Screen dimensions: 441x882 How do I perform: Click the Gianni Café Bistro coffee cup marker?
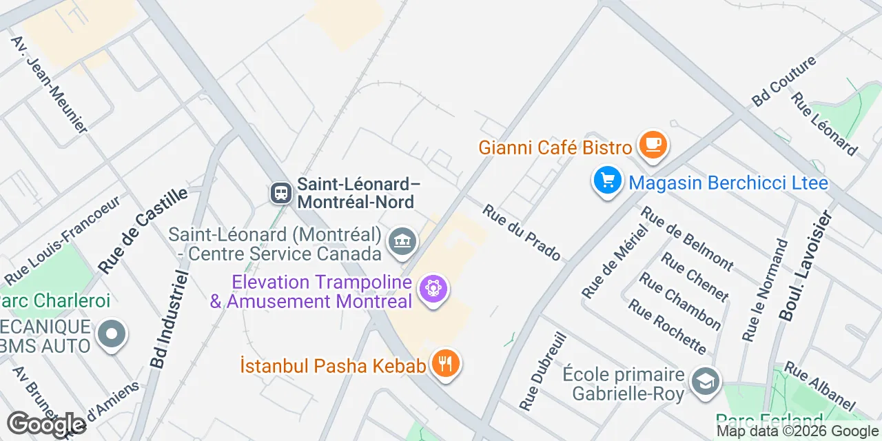(652, 145)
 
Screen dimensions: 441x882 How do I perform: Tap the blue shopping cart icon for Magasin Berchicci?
(607, 181)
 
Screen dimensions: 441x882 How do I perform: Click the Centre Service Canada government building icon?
(402, 242)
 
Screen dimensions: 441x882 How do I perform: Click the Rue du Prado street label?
(521, 233)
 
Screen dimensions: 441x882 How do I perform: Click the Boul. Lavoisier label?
(806, 265)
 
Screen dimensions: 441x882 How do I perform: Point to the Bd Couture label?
(783, 81)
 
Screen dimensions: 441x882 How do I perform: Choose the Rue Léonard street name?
(824, 124)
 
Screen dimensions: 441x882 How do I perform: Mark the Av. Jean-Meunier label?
(49, 84)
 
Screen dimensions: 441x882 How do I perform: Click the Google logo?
(46, 424)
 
